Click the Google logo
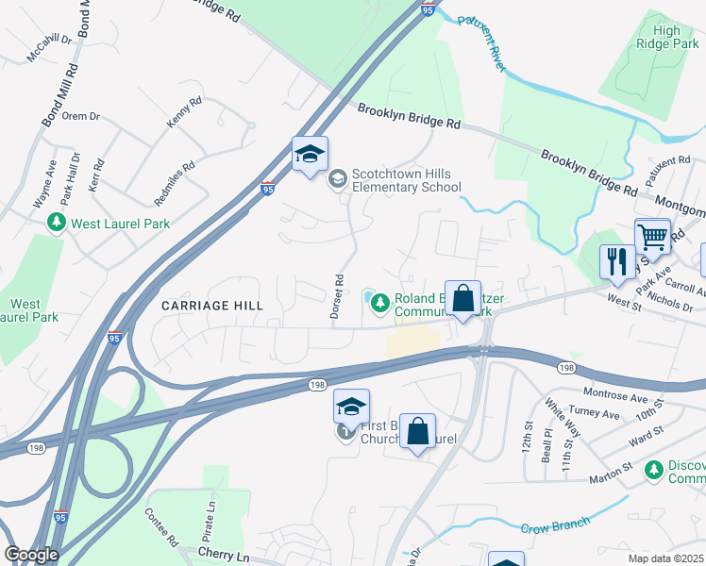point(30,555)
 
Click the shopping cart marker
point(652,236)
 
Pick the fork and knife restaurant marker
point(617,261)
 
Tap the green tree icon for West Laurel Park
point(57,224)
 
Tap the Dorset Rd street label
point(337,295)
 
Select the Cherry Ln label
point(222,552)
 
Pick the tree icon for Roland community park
point(379,303)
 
